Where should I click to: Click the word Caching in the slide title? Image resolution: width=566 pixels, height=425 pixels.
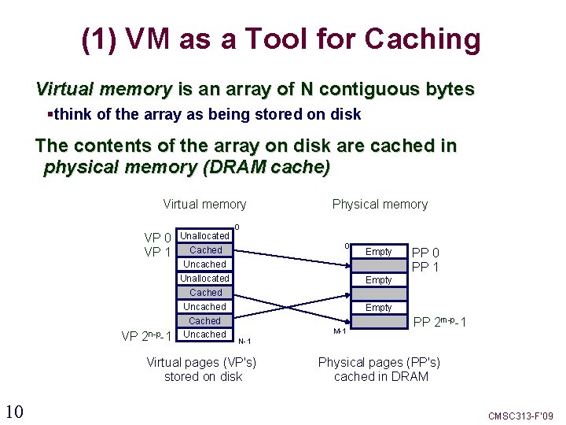(x=418, y=40)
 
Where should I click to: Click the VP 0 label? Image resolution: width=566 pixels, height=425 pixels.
(x=158, y=237)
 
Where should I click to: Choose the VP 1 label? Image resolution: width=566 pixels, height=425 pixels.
(x=158, y=252)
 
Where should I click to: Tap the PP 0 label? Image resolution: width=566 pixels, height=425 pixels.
(x=426, y=253)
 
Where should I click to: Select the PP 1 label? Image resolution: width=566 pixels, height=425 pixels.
(x=426, y=268)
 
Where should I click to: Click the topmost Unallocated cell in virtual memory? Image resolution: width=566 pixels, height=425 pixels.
(x=204, y=236)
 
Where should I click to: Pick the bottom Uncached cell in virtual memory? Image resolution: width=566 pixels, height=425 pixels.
(x=204, y=334)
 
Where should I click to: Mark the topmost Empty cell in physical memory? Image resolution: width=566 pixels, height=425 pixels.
(x=378, y=252)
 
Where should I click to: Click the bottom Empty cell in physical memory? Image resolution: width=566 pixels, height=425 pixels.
(x=378, y=308)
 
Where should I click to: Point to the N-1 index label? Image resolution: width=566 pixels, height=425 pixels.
(x=244, y=341)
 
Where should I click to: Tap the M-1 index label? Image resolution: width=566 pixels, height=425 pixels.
(x=340, y=331)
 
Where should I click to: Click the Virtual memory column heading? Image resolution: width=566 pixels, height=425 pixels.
(x=204, y=205)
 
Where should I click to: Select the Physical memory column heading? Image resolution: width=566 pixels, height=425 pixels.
(x=380, y=205)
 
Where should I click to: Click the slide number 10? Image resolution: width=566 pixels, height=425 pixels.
(x=13, y=411)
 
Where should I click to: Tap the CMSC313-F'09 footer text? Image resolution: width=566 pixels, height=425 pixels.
(x=521, y=415)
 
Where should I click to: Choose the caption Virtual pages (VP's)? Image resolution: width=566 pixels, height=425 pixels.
(x=202, y=363)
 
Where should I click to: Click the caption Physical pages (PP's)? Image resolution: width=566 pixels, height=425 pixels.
(x=379, y=363)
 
